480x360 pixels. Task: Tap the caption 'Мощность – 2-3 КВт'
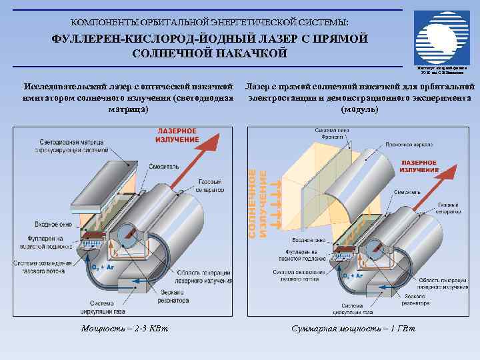[x=124, y=328]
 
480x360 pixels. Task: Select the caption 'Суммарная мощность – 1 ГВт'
[x=353, y=328]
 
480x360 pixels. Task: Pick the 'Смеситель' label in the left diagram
[x=165, y=167]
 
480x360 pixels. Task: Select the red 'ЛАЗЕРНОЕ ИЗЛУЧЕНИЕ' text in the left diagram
[x=177, y=135]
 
